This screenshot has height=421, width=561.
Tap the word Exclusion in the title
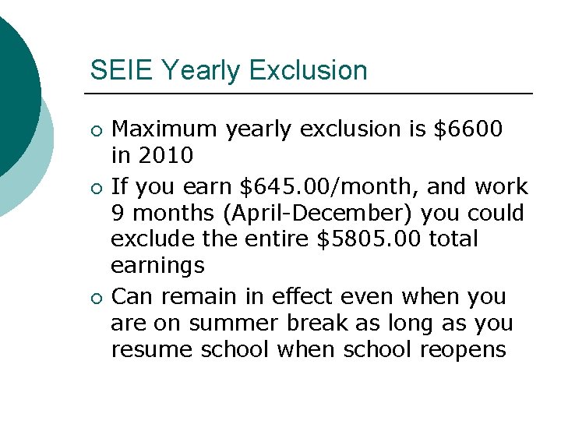309,70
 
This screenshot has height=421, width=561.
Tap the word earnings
157,267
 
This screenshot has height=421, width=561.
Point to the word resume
153,349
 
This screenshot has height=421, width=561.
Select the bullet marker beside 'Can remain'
95,298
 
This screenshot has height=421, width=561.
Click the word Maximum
166,128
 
